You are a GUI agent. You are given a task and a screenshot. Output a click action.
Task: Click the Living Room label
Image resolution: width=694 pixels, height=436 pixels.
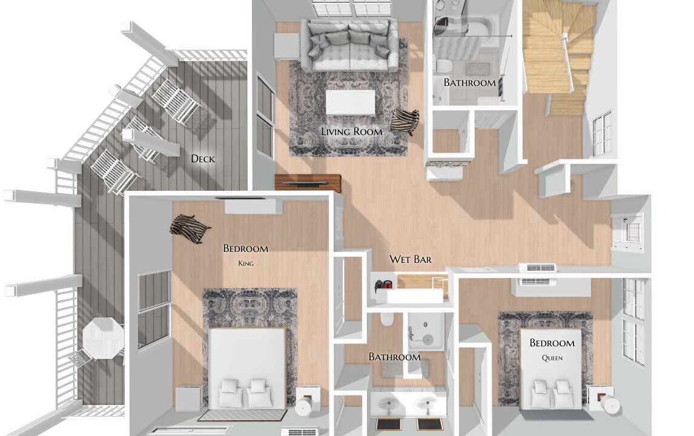click(x=352, y=131)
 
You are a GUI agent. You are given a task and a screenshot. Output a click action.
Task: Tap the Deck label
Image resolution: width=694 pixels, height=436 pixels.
click(x=203, y=159)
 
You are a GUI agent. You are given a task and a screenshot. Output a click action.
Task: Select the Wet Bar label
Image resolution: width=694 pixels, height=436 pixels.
click(x=411, y=259)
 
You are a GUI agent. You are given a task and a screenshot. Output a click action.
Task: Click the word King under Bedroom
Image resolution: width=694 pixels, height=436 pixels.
click(x=246, y=263)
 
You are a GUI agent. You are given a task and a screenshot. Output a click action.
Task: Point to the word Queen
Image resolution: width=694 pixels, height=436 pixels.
click(x=552, y=358)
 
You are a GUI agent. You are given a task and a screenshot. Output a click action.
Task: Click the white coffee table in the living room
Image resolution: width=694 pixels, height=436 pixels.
click(x=351, y=103)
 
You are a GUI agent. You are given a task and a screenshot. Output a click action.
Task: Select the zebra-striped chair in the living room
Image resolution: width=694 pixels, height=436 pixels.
click(x=405, y=122)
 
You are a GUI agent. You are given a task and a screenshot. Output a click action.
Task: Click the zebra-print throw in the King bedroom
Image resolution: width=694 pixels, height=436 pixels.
click(x=190, y=228)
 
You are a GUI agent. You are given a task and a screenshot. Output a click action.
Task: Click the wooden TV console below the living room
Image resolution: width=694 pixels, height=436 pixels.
click(x=308, y=182)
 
